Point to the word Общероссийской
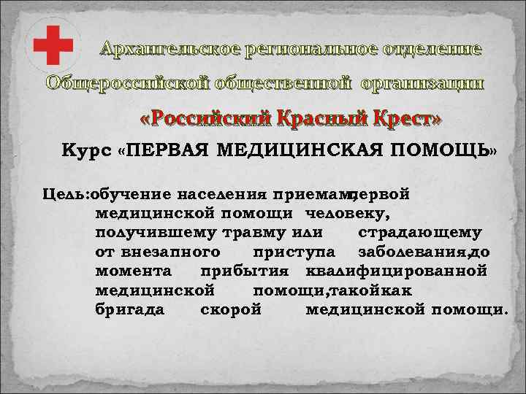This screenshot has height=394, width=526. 130,82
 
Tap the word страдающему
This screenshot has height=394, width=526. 419,233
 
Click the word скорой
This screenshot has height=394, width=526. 230,309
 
